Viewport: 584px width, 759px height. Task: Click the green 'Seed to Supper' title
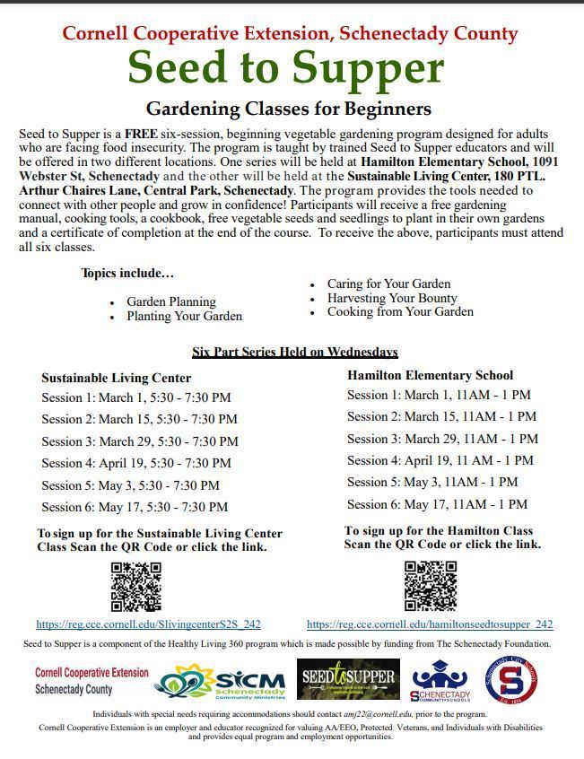[286, 68]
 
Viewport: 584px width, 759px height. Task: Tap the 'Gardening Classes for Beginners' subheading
[288, 109]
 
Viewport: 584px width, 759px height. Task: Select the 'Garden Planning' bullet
[171, 302]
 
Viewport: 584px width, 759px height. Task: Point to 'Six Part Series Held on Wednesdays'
[295, 352]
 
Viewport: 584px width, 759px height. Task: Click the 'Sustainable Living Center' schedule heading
[116, 378]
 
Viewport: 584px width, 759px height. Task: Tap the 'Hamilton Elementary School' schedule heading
[431, 375]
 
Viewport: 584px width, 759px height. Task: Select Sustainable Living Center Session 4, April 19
[135, 463]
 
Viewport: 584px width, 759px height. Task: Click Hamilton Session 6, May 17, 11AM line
[437, 504]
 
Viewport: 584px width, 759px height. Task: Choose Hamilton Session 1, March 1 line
[439, 395]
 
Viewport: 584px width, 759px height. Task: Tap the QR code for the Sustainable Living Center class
[135, 587]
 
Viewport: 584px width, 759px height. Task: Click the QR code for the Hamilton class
[431, 585]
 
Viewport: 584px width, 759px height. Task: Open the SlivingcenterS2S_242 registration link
[148, 624]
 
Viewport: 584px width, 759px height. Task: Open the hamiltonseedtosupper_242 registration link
[430, 624]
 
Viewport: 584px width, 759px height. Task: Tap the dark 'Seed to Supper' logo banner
[348, 679]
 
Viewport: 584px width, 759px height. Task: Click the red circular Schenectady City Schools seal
[511, 682]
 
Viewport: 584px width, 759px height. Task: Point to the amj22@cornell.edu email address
[343, 714]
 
